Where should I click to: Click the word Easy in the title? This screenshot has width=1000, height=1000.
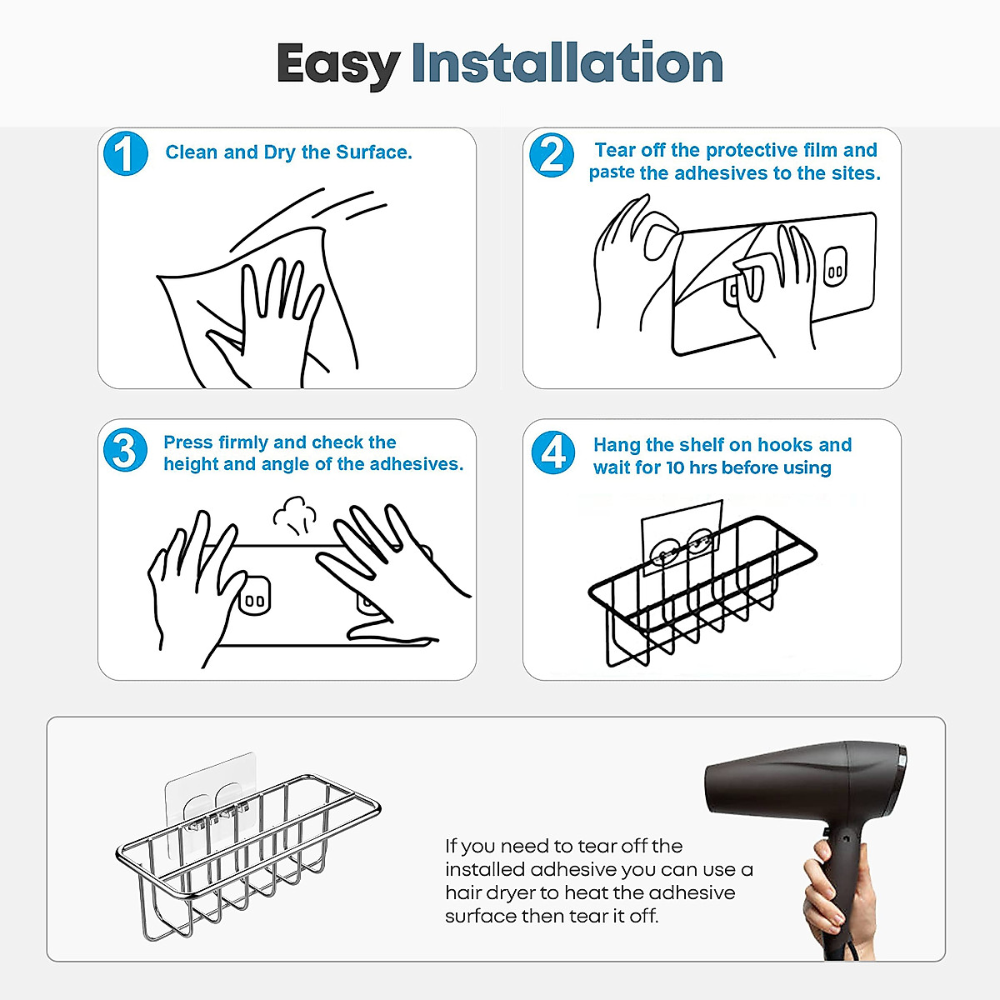[337, 65]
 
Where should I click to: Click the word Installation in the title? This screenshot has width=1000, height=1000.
[567, 62]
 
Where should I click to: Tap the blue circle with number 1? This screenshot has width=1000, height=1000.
[126, 153]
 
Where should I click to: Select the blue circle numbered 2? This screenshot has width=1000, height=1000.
[551, 155]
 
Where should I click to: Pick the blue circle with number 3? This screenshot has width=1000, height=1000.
[126, 450]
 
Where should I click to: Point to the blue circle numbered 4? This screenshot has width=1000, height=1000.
[553, 452]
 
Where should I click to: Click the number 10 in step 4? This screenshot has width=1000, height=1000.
[676, 467]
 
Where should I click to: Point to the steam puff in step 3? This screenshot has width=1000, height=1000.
[295, 515]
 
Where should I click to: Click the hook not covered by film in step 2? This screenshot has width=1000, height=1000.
[836, 266]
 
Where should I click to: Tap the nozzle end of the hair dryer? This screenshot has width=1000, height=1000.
[715, 789]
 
